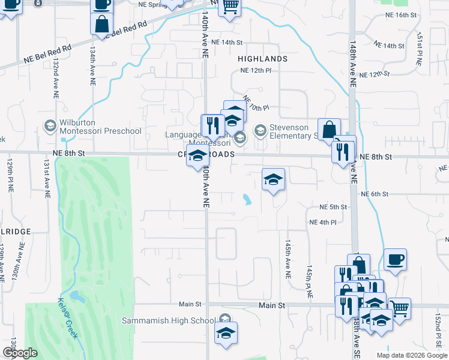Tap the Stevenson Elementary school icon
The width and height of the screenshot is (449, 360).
[261, 130]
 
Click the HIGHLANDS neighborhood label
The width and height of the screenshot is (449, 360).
[262, 59]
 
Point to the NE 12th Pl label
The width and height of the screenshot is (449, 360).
[256, 71]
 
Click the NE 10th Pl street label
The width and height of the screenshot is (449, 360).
[256, 103]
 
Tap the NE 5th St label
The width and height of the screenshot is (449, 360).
[334, 207]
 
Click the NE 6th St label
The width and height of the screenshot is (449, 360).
[376, 194]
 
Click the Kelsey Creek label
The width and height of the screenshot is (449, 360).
[68, 318]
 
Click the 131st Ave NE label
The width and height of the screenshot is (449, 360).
[46, 179]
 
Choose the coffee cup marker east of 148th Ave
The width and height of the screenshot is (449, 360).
[395, 261]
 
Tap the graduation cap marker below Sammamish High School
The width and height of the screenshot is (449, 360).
[226, 334]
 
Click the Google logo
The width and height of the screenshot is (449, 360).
[20, 353]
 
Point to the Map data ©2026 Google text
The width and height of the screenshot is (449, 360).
[412, 355]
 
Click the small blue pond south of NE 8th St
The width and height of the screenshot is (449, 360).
[247, 199]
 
